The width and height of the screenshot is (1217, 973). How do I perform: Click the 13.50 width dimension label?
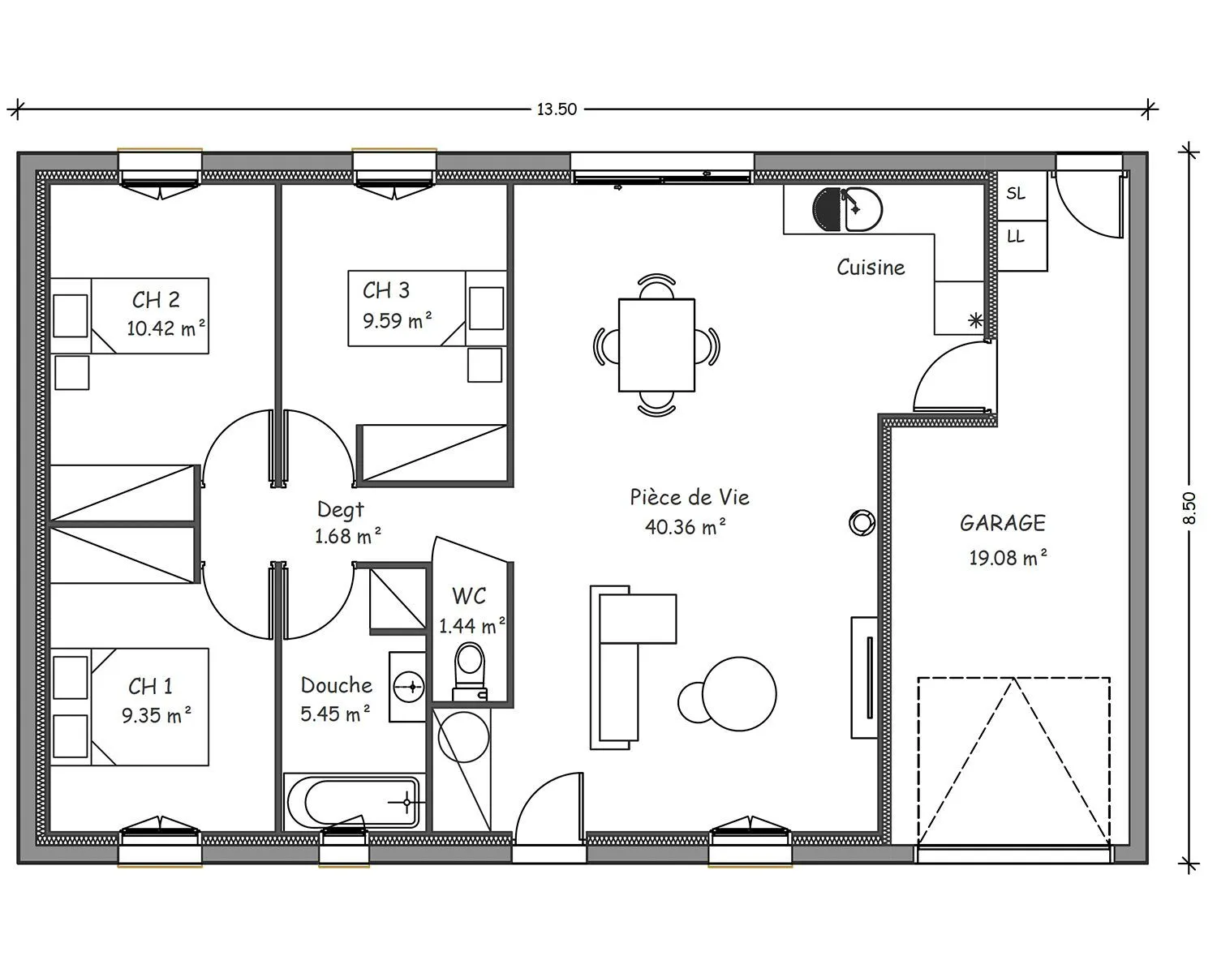(557, 109)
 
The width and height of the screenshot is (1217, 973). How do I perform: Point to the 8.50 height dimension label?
(1189, 508)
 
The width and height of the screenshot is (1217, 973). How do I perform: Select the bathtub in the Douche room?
(354, 802)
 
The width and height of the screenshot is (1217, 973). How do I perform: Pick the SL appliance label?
(1016, 194)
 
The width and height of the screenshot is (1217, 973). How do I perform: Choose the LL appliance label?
(1016, 236)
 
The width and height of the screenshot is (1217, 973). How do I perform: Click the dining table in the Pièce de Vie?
(656, 345)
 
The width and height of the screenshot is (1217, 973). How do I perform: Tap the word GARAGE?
(1003, 523)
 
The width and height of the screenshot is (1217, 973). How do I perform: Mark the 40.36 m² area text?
(686, 527)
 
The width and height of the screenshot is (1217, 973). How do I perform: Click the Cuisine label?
(871, 268)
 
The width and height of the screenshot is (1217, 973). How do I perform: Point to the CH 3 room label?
(386, 290)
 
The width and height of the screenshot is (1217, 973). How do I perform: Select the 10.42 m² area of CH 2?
(166, 328)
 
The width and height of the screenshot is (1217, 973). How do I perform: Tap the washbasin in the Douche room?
(408, 687)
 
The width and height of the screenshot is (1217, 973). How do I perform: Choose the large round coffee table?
(739, 694)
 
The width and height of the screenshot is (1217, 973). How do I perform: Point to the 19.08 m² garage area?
(1008, 559)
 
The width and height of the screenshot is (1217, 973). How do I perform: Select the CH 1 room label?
(150, 687)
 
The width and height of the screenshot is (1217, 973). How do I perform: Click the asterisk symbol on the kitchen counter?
(975, 321)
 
